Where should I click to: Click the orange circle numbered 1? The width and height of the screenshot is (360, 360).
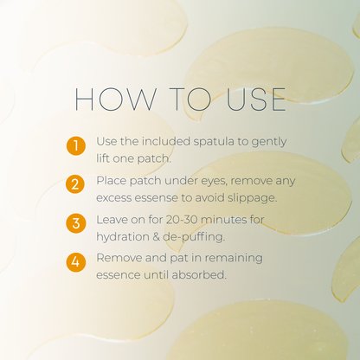pyautogui.click(x=76, y=145)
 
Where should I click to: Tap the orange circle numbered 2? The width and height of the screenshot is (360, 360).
pyautogui.click(x=76, y=184)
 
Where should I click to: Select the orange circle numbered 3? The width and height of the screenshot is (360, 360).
pyautogui.click(x=76, y=223)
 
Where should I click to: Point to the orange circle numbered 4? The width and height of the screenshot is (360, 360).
pyautogui.click(x=76, y=261)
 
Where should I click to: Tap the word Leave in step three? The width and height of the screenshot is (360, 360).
pyautogui.click(x=113, y=219)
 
